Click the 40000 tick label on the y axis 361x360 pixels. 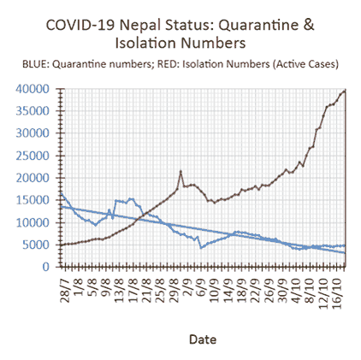(33, 89)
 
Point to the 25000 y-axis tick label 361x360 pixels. (33, 156)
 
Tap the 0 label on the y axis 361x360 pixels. (46, 267)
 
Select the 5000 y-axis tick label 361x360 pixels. (36, 245)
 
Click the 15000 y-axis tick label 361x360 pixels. (33, 200)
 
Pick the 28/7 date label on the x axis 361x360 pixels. (65, 290)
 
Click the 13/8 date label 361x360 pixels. (120, 290)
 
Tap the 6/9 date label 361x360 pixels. (201, 286)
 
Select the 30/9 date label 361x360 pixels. (282, 290)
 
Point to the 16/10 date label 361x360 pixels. (337, 292)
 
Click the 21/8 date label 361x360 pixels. (146, 290)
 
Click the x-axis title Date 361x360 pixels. (203, 339)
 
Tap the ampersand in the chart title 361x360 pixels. (309, 25)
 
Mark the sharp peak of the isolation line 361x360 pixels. (180, 171)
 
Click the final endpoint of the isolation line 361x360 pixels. (346, 91)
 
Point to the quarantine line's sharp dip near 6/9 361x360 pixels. (201, 248)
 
